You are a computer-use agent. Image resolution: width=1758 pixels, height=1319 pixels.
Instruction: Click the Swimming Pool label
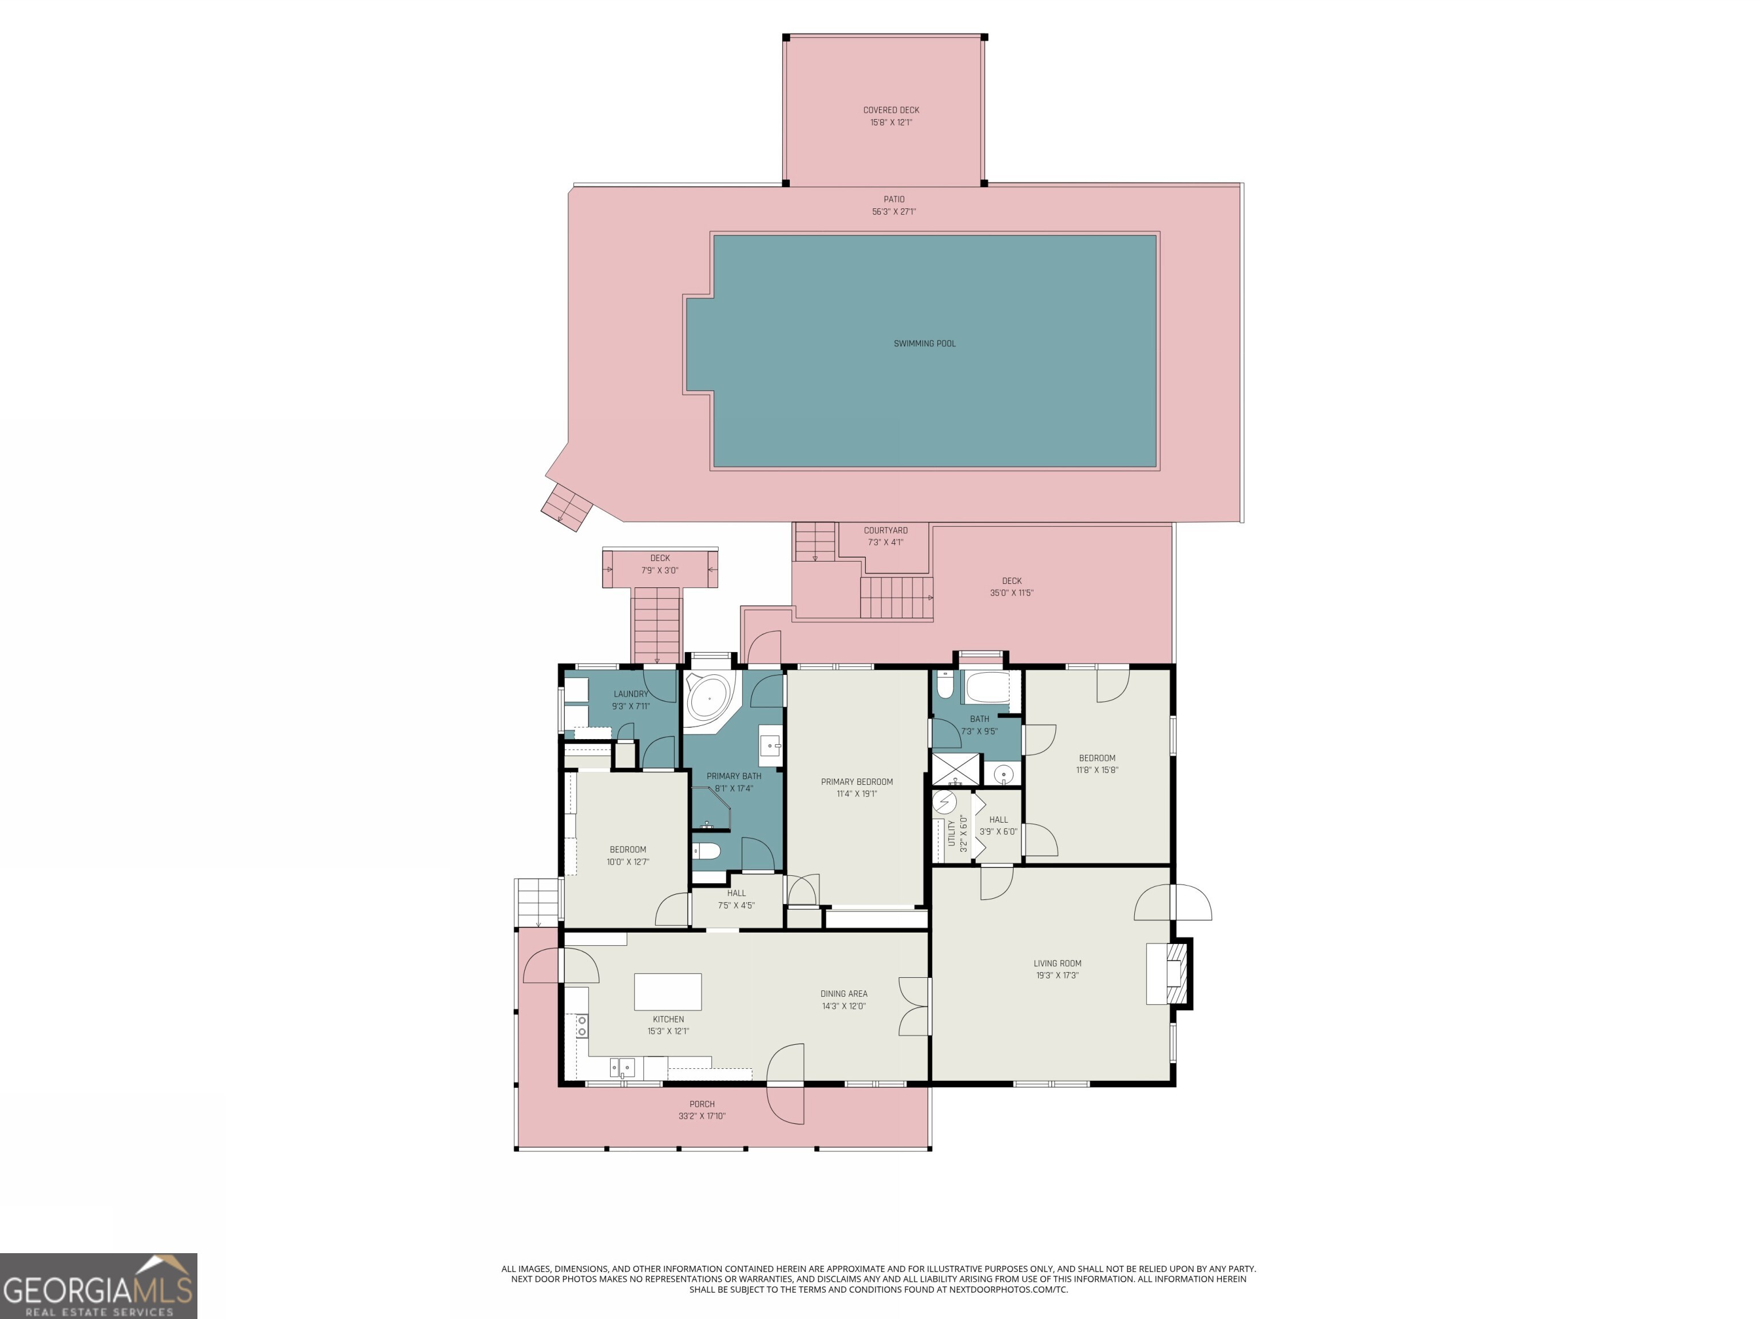pos(924,343)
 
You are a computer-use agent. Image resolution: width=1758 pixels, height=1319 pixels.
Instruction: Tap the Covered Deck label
pos(891,110)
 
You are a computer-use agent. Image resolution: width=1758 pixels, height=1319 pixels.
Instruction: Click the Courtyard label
pos(885,530)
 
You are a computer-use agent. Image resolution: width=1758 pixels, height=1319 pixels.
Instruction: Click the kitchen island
pos(668,992)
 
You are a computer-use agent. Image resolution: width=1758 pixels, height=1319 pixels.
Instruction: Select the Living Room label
pos(1057,963)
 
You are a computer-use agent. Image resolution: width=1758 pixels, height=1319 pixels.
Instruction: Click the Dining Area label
pos(844,994)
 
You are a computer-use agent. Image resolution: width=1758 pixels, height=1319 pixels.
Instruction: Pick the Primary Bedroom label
pos(857,781)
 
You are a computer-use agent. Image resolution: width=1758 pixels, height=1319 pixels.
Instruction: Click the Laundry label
pos(630,694)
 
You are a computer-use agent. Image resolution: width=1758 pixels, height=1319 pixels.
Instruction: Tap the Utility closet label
pos(951,832)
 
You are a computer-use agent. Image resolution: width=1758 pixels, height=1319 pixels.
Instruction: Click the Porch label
pos(702,1104)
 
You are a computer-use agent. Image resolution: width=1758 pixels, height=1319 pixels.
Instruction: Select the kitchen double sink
pos(622,1066)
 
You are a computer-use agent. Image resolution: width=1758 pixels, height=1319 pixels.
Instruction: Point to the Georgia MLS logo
pos(98,1286)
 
